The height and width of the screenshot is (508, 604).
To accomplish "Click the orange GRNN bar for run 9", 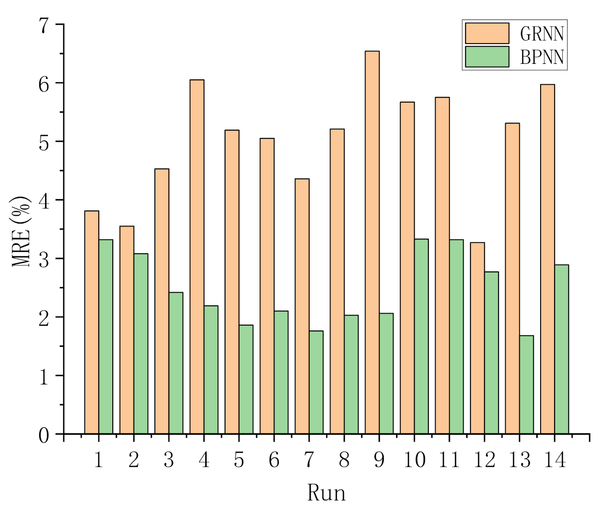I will coord(372,242).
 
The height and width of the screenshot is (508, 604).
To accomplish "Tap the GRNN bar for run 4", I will coord(197,256).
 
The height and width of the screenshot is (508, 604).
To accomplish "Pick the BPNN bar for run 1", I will coord(106,337).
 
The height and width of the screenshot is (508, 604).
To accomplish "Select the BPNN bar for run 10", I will coord(422,336).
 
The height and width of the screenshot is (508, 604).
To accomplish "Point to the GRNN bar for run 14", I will coord(547,259).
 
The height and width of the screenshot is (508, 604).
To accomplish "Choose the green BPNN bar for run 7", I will coord(317,382).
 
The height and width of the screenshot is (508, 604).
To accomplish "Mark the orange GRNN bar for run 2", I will coord(127,330).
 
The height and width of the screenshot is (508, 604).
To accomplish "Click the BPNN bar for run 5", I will coord(246,379).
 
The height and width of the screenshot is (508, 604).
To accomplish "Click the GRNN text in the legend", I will coord(542,34).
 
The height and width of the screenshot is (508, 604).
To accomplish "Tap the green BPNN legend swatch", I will coord(487,57).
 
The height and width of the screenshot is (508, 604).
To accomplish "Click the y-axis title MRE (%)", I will coord(21,231).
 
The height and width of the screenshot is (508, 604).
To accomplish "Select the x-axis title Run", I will coord(327,493).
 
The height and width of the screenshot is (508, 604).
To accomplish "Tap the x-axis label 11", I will coord(449,460).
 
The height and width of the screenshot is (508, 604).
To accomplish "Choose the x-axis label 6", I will coord(274,460).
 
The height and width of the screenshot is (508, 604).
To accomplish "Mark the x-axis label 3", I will coord(169,460).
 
